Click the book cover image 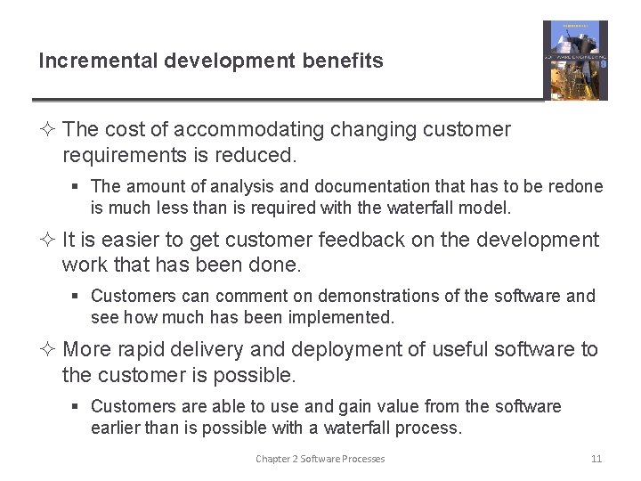[575, 60]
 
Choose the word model [487, 208]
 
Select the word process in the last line [430, 428]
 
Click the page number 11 [596, 459]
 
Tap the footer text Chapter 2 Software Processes [320, 459]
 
